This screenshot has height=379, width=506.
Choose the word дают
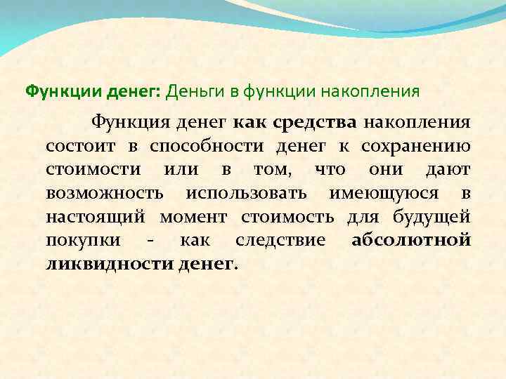448,170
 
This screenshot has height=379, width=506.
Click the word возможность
105,193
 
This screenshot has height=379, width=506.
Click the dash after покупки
151,241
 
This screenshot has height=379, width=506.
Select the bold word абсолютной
410,241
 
